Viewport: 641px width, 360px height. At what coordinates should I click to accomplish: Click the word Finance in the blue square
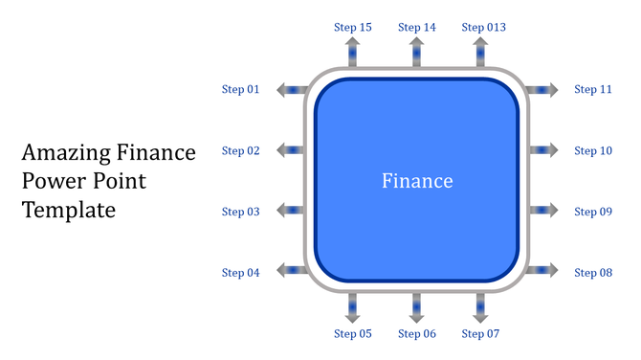[x=417, y=181]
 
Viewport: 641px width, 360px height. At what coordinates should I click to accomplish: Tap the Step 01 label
[x=241, y=90]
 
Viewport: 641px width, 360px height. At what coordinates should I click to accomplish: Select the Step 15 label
[x=352, y=28]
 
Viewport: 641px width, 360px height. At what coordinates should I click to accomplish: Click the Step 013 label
[x=483, y=28]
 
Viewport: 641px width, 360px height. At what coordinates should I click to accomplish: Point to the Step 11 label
[x=592, y=90]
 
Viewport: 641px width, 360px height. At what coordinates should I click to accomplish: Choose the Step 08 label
[x=592, y=273]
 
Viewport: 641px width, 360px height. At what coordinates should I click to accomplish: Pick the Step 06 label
[x=416, y=334]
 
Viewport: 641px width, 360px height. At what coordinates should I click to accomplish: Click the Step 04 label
[x=241, y=273]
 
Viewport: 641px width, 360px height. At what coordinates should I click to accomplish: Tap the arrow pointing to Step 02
[x=291, y=150]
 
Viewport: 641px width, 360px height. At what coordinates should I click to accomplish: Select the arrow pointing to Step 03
[x=291, y=211]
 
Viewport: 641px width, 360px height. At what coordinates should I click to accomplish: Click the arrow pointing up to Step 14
[x=416, y=53]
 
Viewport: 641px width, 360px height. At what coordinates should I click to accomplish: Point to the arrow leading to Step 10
[x=543, y=150]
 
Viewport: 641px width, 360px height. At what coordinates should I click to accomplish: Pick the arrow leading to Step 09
[x=543, y=211]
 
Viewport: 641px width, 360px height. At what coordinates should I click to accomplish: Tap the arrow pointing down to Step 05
[x=352, y=306]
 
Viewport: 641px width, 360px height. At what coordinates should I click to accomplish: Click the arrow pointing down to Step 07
[x=480, y=306]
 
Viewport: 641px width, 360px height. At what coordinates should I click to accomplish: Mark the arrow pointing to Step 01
[x=291, y=90]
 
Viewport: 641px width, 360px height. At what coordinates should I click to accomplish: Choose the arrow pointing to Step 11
[x=543, y=90]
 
